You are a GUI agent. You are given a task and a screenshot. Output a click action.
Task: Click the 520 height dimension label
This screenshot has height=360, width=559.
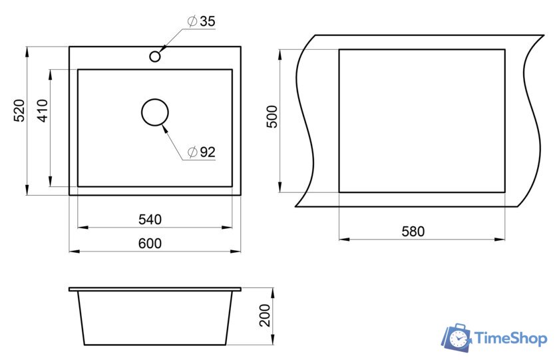pos(19,110)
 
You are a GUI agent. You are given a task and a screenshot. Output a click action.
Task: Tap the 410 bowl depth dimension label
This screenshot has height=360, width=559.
pos(43,111)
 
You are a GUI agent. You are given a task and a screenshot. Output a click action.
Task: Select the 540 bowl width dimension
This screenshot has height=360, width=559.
pos(150,220)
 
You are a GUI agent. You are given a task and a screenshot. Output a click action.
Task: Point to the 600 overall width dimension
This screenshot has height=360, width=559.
pos(150,244)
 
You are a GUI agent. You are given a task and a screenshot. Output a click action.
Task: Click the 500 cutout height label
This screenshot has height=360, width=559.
pos(272,116)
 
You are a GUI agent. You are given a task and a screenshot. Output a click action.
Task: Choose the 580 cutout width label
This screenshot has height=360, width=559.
pos(413,232)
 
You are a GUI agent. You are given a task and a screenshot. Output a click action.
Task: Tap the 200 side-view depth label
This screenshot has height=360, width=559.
pos(265,315)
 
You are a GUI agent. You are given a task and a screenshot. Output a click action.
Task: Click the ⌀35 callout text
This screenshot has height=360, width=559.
pos(202,21)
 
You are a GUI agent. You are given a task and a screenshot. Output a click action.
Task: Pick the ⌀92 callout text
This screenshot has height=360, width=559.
pos(202,152)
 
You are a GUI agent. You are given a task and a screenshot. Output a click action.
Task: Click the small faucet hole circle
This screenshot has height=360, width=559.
pos(154,52)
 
